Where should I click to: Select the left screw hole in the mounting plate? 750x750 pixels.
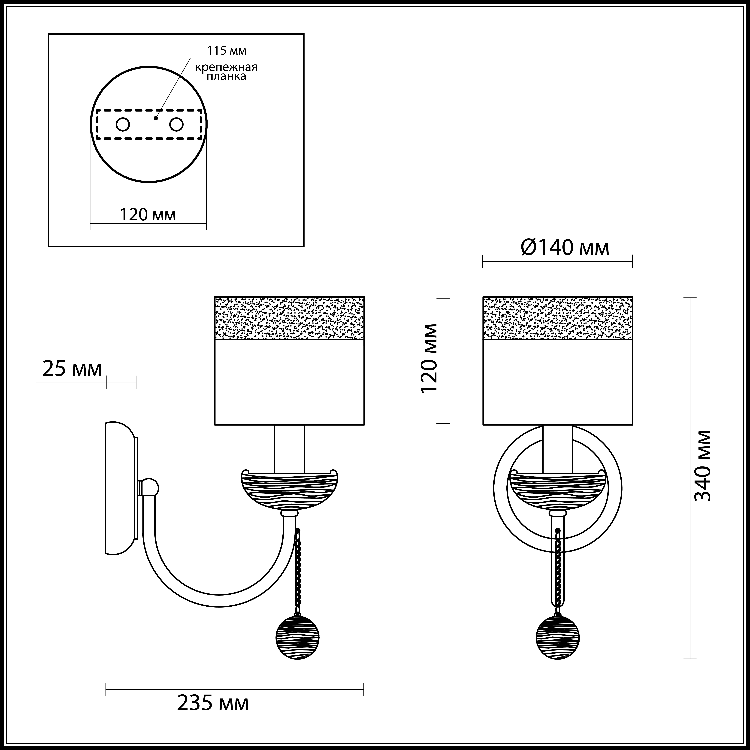[123, 125]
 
